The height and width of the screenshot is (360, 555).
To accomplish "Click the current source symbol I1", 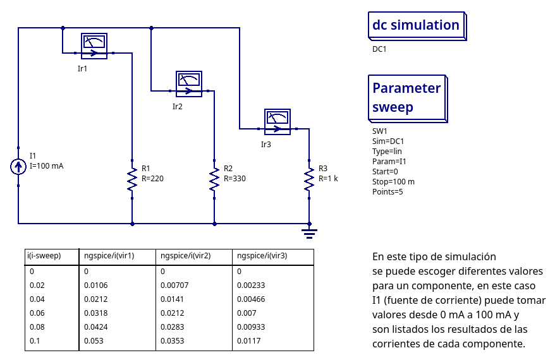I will coord(18,167).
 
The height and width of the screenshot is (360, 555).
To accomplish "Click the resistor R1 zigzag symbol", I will coord(132,179).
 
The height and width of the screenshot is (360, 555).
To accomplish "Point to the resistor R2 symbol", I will coord(214,179).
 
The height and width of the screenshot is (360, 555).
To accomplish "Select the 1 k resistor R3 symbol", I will coord(309,179).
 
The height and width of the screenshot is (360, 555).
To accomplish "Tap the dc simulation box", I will coord(417,26).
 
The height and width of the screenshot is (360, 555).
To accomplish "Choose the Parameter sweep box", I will coord(408,98).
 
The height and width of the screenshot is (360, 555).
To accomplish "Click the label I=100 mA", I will coord(47,166).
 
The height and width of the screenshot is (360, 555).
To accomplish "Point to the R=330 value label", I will coord(235,179).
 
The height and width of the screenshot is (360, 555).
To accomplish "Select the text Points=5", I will coord(387,191).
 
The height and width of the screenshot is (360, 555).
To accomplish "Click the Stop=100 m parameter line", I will coord(393,181).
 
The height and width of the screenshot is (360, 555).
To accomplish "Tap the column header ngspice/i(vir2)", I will coord(186,256).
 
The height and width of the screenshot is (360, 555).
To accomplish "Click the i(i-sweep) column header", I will coord(44,256).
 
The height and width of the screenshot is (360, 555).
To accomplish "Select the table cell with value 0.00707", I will coord(174,285).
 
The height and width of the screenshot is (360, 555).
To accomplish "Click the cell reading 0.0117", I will coord(248,341).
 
